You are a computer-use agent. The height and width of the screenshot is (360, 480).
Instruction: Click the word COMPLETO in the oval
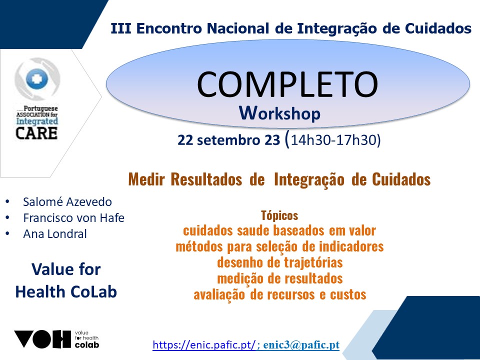287,84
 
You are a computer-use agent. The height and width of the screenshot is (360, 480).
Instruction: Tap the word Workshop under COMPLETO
280,113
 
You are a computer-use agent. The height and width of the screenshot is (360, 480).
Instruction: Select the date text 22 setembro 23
228,140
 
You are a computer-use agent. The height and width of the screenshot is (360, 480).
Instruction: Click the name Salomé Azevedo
67,202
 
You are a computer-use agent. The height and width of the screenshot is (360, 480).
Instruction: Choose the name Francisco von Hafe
74,218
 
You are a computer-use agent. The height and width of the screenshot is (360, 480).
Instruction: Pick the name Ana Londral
55,234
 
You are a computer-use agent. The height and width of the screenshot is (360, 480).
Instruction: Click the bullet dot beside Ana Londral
7,234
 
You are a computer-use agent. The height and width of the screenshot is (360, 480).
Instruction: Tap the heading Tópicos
279,215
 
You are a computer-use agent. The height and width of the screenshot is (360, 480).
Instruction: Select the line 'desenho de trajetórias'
280,262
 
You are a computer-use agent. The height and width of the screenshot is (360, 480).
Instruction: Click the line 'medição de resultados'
280,278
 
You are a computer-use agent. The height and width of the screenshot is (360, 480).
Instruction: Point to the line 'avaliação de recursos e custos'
280,294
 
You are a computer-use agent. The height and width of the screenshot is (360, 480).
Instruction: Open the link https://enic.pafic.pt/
204,345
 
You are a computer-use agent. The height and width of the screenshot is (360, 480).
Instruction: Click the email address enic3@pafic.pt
301,345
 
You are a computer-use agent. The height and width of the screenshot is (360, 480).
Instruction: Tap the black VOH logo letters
42,339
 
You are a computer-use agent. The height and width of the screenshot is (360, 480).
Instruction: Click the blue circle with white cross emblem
37,78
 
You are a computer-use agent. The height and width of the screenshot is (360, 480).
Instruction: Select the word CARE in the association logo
36,133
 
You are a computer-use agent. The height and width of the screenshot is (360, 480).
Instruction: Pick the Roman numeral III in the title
121,28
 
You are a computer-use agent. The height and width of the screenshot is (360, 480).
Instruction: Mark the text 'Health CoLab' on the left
66,291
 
